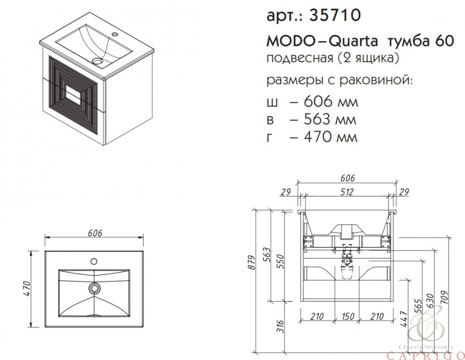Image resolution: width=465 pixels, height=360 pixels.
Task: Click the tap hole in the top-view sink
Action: coord(94,261)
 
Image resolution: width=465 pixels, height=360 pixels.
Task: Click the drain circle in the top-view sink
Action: coord(95,288)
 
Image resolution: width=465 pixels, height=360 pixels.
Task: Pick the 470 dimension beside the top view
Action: coord(26,290)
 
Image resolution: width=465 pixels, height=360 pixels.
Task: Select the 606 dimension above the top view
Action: coord(95,233)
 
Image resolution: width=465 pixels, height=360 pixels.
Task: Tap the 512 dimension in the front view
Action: coord(346,192)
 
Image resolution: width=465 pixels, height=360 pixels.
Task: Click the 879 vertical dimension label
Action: coord(251,262)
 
